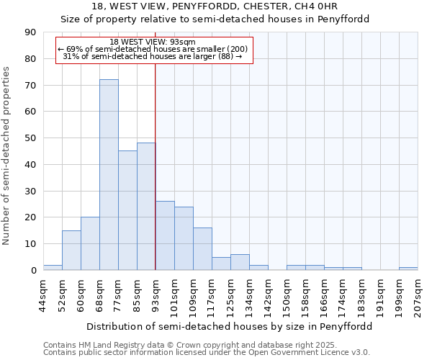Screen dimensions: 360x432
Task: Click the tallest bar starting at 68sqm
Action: click(109, 175)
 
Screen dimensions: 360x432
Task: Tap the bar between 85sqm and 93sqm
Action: click(146, 207)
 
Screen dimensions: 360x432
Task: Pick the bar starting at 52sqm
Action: click(71, 251)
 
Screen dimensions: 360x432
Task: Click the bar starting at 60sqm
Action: click(90, 243)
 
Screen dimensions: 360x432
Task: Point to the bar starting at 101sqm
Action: click(184, 238)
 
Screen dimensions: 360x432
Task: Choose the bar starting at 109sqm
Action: click(202, 249)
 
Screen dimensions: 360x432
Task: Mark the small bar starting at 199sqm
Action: click(408, 269)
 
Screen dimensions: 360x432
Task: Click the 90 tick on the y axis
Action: click(30, 32)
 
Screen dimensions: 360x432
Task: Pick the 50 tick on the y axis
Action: click(30, 138)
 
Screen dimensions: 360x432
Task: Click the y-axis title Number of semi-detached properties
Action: click(7, 156)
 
